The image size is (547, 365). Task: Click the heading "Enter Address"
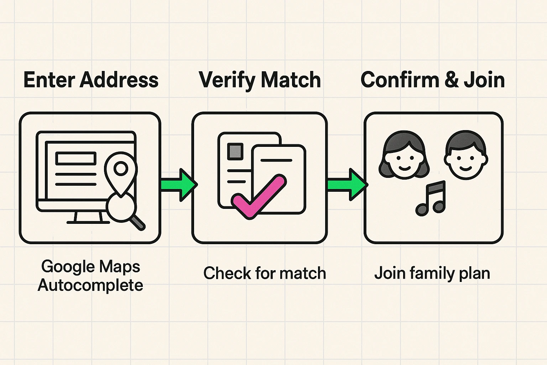point(91,80)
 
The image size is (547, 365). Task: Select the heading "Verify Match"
point(260,80)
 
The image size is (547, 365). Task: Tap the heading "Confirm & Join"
point(432,80)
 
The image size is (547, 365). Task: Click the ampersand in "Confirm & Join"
point(451,80)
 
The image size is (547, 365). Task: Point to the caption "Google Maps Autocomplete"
point(90,276)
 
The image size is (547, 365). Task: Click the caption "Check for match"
point(265,273)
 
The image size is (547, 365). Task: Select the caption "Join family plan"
point(432,273)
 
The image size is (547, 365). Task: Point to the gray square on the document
point(235,151)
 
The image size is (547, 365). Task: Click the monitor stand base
point(88,222)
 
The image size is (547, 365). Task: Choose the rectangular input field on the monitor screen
point(75,158)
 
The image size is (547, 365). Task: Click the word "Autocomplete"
point(90,286)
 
